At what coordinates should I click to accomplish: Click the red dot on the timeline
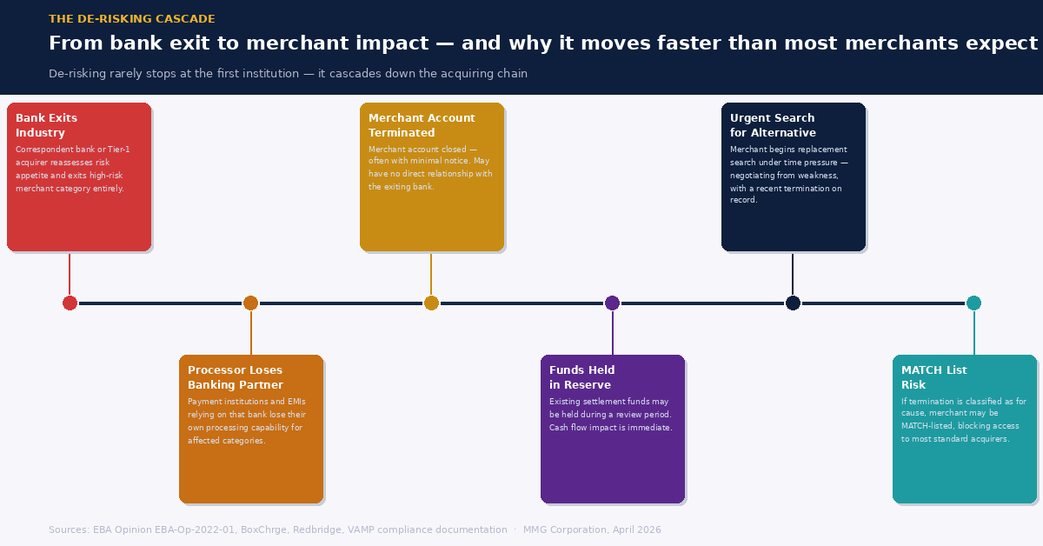pyautogui.click(x=70, y=303)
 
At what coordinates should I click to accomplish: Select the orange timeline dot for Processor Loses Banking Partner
pyautogui.click(x=250, y=303)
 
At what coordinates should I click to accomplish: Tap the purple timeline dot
pyautogui.click(x=612, y=303)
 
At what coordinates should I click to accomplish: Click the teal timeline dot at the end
pyautogui.click(x=973, y=303)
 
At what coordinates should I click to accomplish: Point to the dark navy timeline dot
pyautogui.click(x=793, y=303)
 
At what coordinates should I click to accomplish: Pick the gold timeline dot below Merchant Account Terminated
pyautogui.click(x=431, y=303)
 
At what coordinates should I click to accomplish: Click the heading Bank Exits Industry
pyautogui.click(x=46, y=125)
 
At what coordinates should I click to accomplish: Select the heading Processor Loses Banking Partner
pyautogui.click(x=235, y=377)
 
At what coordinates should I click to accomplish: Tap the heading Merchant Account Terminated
pyautogui.click(x=422, y=125)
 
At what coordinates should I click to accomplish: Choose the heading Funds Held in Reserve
pyautogui.click(x=581, y=377)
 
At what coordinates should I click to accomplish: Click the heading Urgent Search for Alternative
pyautogui.click(x=773, y=125)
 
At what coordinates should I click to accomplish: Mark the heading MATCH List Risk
pyautogui.click(x=933, y=377)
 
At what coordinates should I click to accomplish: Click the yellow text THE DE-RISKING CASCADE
pyautogui.click(x=132, y=19)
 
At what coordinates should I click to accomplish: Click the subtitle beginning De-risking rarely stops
pyautogui.click(x=288, y=74)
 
